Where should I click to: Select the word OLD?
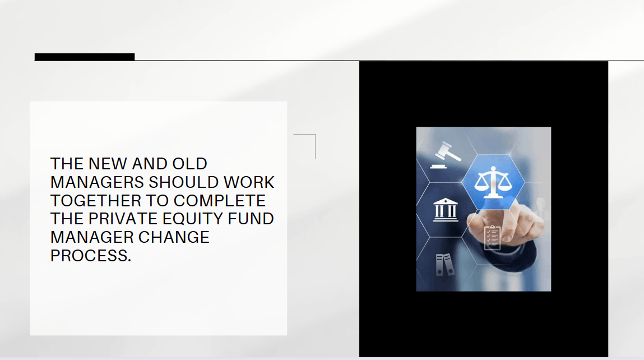[189, 164]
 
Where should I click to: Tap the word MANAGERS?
[97, 182]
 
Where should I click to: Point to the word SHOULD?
[183, 182]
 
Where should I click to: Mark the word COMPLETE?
[219, 201]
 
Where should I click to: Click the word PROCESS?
[91, 256]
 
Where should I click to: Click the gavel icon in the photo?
[445, 155]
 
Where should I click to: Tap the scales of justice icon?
[493, 182]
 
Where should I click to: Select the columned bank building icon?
[445, 210]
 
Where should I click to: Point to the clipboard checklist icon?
[492, 238]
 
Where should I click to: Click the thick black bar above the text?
[85, 57]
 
